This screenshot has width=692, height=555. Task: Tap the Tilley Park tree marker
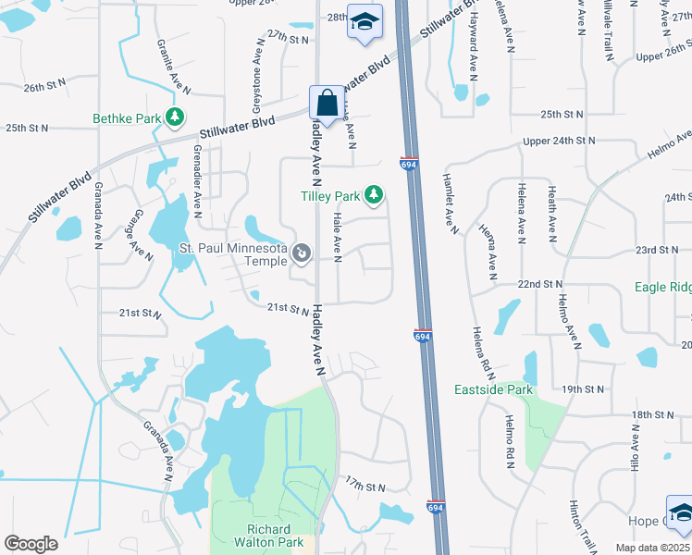tap(373, 195)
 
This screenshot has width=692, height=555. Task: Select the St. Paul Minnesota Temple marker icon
tap(301, 252)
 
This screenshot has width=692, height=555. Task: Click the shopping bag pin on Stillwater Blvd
tap(327, 103)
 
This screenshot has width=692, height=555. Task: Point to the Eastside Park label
tap(493, 390)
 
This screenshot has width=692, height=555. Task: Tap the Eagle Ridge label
tap(662, 288)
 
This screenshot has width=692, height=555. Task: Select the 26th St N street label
tap(45, 85)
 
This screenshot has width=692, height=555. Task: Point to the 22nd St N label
tap(540, 283)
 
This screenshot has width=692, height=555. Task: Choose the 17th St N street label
tap(365, 486)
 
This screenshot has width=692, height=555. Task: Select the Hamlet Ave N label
tap(451, 203)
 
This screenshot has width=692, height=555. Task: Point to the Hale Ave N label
tap(337, 237)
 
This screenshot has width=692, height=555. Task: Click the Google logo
tap(31, 543)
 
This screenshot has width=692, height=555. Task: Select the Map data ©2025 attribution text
tap(652, 548)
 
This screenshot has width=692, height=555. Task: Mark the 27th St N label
tap(287, 40)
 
